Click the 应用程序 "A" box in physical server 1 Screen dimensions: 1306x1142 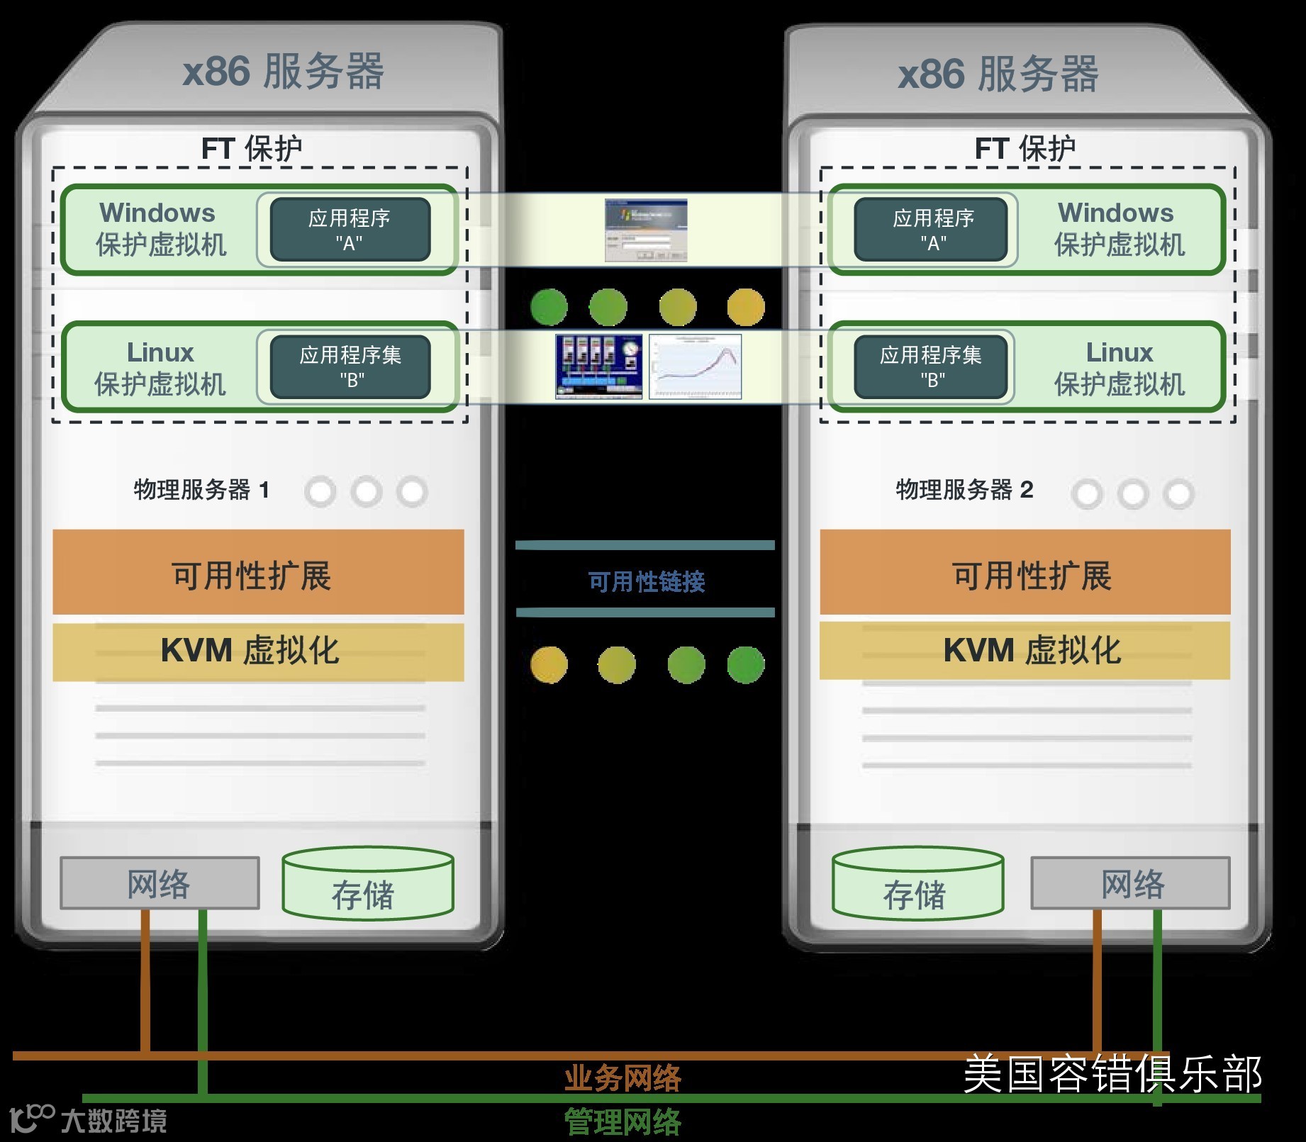pos(350,230)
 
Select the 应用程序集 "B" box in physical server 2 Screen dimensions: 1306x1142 pos(930,367)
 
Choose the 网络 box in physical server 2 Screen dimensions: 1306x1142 pos(1130,883)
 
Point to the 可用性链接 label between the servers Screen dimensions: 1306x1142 pos(646,581)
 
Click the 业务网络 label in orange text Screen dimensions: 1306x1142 pos(623,1078)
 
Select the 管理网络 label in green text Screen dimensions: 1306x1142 pos(623,1122)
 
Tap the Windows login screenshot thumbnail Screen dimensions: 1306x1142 pos(646,230)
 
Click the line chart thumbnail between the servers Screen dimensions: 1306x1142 pos(695,366)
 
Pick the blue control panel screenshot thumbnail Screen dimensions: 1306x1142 pos(599,366)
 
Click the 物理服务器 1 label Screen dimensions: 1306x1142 pos(201,490)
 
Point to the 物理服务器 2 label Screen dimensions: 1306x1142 pos(964,490)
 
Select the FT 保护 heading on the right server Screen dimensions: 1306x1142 pos(1025,149)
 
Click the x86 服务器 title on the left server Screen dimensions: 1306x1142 pos(283,72)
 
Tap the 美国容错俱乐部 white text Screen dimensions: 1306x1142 pos(1112,1074)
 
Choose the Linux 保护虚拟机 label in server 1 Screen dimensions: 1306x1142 pos(160,368)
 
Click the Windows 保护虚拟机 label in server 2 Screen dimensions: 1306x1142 pos(1118,229)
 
